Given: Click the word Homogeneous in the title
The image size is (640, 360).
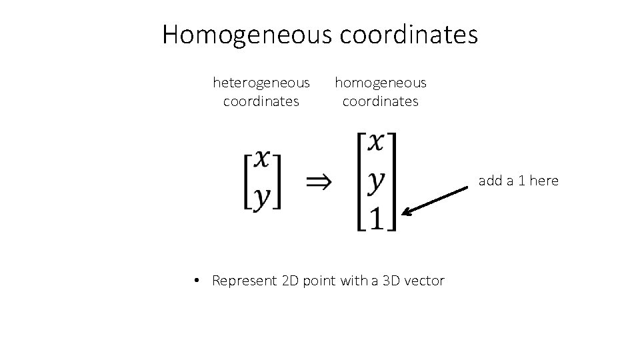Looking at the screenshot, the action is pos(247,34).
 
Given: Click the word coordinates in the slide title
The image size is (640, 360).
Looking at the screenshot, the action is pos(409,34).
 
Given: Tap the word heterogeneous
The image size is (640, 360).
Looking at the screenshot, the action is pos(261,83).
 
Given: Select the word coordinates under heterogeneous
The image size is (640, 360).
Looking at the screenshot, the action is pos(261,101).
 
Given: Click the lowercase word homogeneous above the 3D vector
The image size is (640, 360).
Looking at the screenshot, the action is pos(380,83).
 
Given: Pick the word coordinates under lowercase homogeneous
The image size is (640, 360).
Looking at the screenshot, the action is pos(380,101).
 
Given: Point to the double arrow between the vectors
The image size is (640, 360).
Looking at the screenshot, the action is pos(321,181).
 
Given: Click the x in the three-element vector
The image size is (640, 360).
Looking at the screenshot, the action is pos(377,141).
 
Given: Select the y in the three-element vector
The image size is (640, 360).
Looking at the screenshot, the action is pos(377,180).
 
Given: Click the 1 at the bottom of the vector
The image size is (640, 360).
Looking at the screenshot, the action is pos(377,217).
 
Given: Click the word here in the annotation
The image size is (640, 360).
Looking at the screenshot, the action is pos(544,181).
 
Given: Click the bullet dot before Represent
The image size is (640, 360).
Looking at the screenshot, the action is pos(198,281).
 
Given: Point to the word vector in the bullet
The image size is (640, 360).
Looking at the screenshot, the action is pos(424,281).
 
